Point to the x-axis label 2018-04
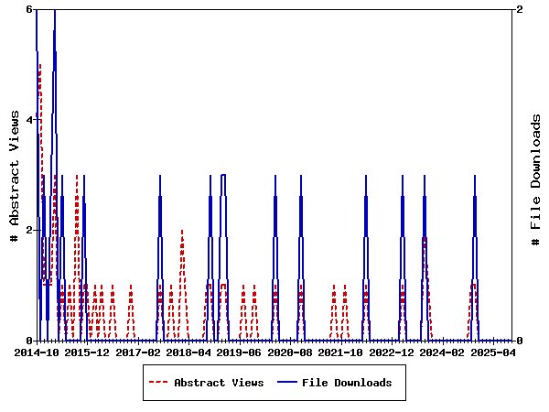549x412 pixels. pyautogui.click(x=190, y=352)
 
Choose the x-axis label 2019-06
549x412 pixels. pyautogui.click(x=242, y=352)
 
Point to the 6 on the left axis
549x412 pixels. pyautogui.click(x=29, y=9)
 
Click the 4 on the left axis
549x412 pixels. pyautogui.click(x=29, y=119)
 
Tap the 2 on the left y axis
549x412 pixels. pyautogui.click(x=29, y=230)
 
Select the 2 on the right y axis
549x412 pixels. pyautogui.click(x=520, y=9)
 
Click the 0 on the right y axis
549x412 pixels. pyautogui.click(x=520, y=341)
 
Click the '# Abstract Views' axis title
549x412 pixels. pyautogui.click(x=14, y=175)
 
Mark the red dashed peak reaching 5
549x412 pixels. pyautogui.click(x=39, y=65)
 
